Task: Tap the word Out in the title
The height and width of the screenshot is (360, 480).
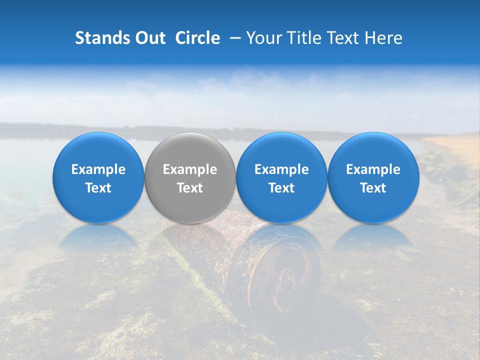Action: tap(148, 38)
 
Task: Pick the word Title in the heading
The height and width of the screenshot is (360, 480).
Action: tap(304, 38)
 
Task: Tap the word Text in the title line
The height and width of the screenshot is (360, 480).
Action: tap(343, 38)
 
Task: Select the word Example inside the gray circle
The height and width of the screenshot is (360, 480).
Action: tap(190, 169)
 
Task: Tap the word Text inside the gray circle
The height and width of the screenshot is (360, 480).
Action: tap(190, 188)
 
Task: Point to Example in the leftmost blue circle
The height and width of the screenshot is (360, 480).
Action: tap(98, 169)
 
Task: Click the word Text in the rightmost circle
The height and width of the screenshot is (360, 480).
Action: tap(373, 188)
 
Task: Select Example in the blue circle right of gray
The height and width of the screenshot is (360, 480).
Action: tap(281, 169)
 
